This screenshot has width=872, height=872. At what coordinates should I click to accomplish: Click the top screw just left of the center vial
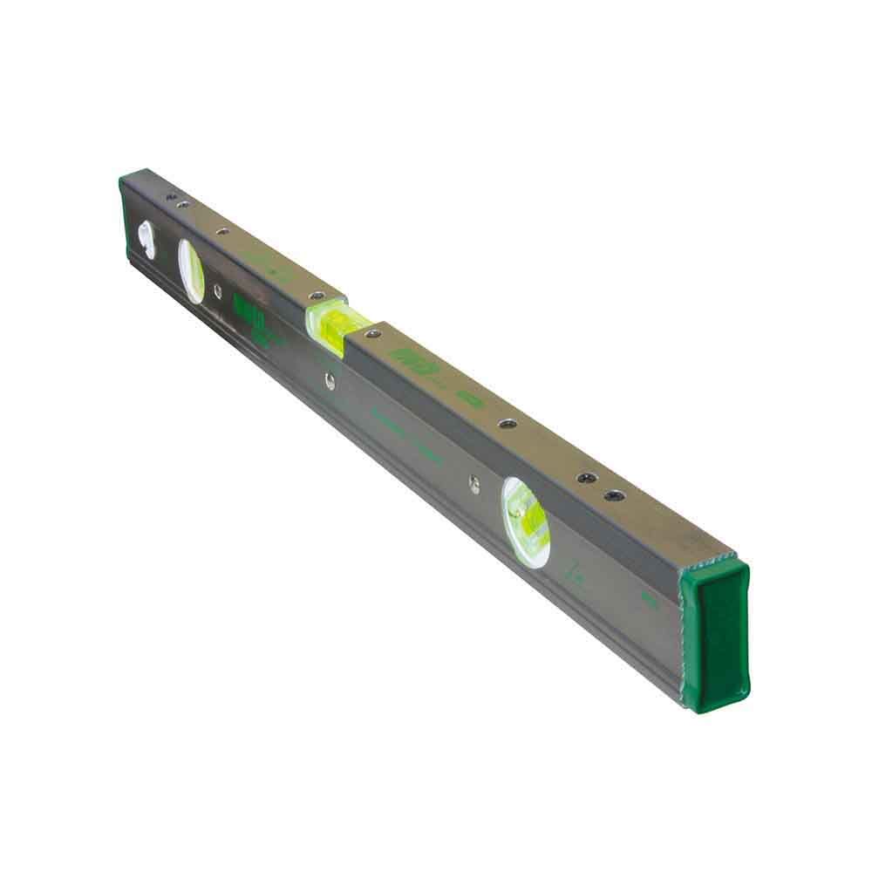click(x=317, y=296)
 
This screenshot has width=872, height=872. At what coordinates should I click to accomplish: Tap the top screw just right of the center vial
click(x=374, y=332)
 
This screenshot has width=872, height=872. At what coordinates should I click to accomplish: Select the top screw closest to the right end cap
click(x=616, y=495)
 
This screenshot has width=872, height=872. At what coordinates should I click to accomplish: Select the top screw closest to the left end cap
click(x=170, y=197)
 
